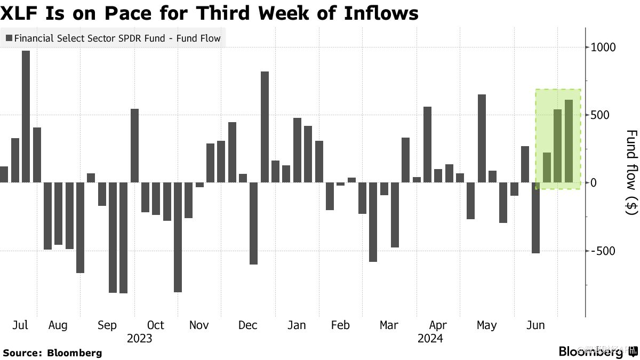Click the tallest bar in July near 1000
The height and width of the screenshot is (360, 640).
tap(26, 116)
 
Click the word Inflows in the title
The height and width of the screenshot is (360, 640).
tap(376, 13)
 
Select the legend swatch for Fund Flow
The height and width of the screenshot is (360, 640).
tap(9, 38)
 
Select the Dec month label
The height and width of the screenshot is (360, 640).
tap(248, 325)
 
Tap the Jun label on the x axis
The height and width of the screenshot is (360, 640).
tap(535, 325)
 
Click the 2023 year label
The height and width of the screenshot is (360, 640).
tap(139, 338)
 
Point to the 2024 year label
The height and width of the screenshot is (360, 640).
tap(430, 338)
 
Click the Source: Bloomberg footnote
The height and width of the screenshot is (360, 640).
tap(52, 353)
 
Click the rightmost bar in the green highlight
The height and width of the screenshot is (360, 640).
tap(569, 141)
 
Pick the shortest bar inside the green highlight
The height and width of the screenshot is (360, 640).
tap(547, 167)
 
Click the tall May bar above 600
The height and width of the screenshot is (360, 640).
tap(482, 139)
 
